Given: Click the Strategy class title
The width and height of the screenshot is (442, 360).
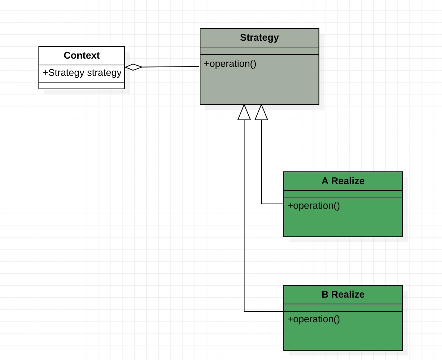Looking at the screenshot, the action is (x=259, y=37).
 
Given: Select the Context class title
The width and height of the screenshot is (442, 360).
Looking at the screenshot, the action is (x=82, y=55).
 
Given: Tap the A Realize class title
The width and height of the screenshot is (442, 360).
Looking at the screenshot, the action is (x=343, y=181).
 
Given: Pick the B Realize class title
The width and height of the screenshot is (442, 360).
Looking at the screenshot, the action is (x=343, y=294).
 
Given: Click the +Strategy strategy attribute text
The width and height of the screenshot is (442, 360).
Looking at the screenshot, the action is (x=82, y=73).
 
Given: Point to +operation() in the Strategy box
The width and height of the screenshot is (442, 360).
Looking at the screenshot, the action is (x=230, y=64).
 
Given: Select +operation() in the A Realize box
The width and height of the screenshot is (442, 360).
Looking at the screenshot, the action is (x=314, y=205).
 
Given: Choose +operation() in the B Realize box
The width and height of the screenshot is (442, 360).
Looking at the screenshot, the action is (x=314, y=319).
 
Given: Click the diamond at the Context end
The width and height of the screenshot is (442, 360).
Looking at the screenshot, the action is (x=133, y=67).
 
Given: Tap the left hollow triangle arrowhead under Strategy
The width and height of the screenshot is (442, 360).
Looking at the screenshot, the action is (x=244, y=112).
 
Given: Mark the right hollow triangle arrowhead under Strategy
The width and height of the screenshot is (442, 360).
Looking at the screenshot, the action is (x=261, y=112).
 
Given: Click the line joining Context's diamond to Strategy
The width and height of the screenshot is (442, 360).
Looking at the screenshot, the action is (x=171, y=67).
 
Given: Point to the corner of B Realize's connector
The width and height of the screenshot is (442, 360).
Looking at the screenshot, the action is (x=244, y=311).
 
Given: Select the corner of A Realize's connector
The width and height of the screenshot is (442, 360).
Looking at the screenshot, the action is (x=261, y=204).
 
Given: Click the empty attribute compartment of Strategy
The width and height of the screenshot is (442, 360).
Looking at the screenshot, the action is (x=259, y=51).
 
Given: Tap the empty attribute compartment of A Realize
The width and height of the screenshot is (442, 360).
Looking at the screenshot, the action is (x=343, y=194).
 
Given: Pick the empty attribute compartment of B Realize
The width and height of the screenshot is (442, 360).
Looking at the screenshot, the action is (x=343, y=308).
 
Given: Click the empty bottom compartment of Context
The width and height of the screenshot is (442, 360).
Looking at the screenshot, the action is (x=82, y=86).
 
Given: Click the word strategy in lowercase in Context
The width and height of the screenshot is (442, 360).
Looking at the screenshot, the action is (x=104, y=73).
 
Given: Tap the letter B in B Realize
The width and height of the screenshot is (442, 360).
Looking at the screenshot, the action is (x=325, y=294).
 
